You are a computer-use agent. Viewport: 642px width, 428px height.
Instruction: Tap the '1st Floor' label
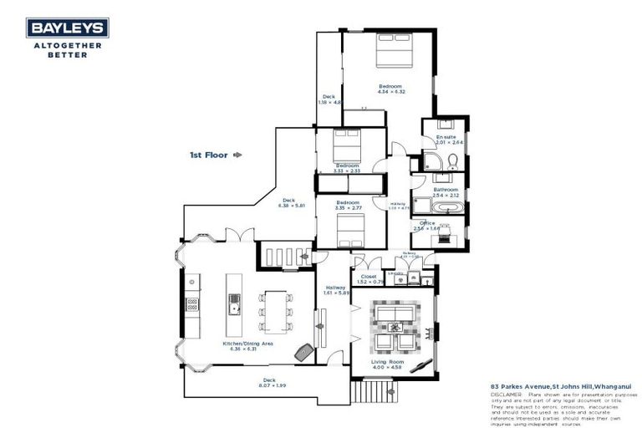pos(210,155)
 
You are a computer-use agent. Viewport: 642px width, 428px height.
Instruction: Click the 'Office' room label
pos(427,223)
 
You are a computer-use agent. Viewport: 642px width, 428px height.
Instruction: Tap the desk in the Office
pos(439,241)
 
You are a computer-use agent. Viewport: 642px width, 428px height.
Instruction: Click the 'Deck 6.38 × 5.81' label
pos(288,202)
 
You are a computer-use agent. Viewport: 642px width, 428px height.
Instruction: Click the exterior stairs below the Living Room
pos(369,390)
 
